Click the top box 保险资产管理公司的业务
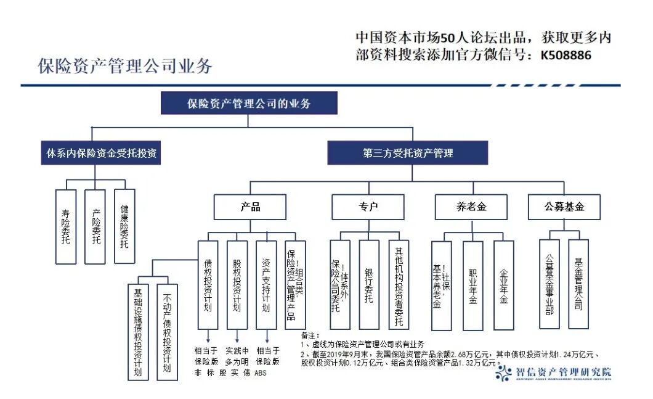tap(248, 103)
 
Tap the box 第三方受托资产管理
tap(407, 153)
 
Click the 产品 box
tap(250, 207)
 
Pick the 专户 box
tap(368, 207)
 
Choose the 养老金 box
tap(471, 207)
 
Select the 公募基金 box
tap(564, 207)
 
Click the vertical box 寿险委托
tap(65, 226)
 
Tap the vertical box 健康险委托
tap(124, 226)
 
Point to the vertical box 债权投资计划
tap(208, 284)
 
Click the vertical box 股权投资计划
tap(237, 284)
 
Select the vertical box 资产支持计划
tap(266, 284)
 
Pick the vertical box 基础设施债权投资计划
tap(138, 331)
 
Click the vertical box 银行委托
tap(369, 284)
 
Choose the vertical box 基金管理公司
tap(578, 284)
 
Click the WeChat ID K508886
tap(566, 55)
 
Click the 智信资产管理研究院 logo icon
tap(504, 372)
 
